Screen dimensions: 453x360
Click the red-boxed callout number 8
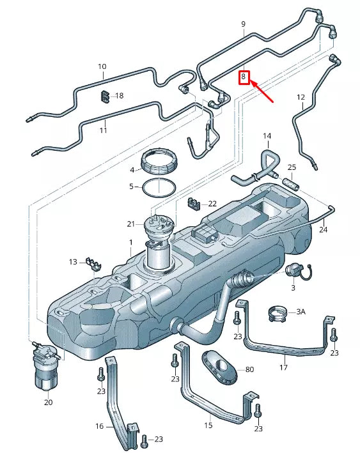click(x=243, y=77)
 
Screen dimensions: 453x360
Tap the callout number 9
click(x=243, y=24)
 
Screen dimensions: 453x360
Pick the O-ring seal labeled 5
click(x=158, y=187)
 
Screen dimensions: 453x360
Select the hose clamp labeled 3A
click(x=276, y=312)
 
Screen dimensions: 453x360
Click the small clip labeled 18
click(x=103, y=96)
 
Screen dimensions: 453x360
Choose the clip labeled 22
click(x=194, y=204)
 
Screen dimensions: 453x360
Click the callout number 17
click(x=283, y=367)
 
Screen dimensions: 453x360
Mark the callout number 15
click(x=208, y=424)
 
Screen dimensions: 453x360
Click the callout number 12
click(x=301, y=97)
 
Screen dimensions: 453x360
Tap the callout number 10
click(x=102, y=66)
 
